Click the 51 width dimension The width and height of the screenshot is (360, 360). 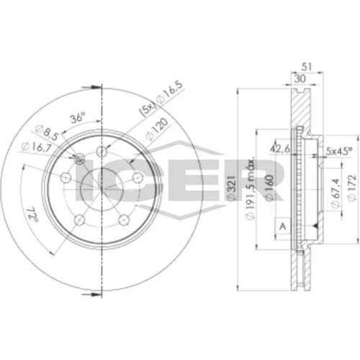tap(307, 67)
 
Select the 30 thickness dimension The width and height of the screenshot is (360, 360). tap(300, 78)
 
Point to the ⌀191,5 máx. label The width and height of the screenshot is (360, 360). tap(251, 189)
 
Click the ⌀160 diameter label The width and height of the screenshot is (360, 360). tap(269, 188)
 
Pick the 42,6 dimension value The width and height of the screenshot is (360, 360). tap(280, 149)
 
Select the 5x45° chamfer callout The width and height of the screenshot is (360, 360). tap(338, 151)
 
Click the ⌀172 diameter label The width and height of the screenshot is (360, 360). tap(351, 188)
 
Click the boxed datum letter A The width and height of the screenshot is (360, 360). tap(283, 226)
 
